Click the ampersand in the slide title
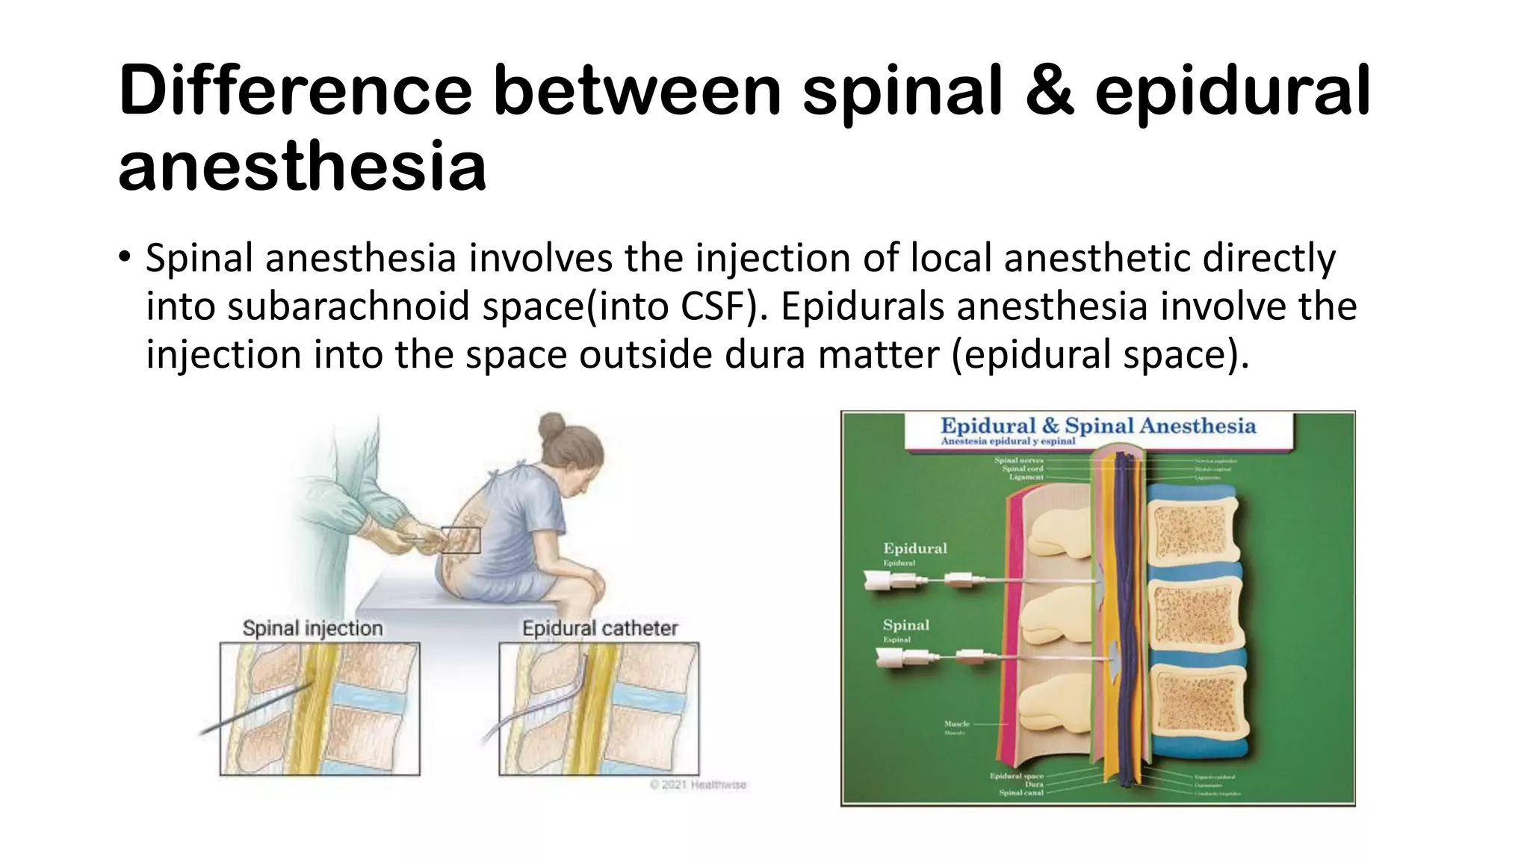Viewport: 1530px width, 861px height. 1049,91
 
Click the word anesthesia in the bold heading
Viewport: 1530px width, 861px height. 302,166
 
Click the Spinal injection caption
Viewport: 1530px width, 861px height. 312,628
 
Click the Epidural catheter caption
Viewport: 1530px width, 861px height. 600,628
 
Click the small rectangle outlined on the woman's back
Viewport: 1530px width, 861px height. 460,540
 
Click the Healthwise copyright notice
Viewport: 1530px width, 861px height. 698,785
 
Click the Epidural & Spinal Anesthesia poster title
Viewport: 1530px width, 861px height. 1097,426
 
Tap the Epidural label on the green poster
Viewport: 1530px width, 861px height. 914,549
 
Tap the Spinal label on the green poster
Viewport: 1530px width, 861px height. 906,625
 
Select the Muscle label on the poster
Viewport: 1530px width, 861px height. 956,723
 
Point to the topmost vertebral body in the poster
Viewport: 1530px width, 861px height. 1193,534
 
